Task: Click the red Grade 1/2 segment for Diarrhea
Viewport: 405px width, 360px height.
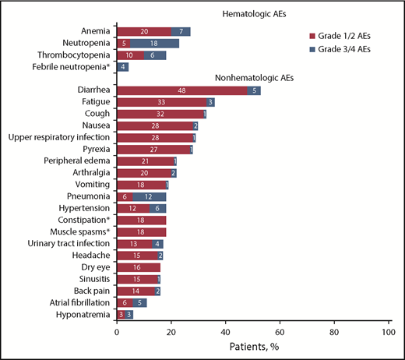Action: click(x=182, y=90)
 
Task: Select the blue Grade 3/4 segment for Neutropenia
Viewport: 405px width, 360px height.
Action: click(x=154, y=43)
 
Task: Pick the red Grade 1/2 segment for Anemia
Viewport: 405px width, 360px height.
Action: click(x=144, y=31)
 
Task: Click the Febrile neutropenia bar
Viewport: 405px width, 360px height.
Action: click(x=122, y=67)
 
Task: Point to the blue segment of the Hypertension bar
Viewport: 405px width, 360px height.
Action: click(x=157, y=209)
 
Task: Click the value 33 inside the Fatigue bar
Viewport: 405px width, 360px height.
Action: click(x=161, y=102)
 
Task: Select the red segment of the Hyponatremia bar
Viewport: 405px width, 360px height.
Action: click(x=121, y=314)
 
